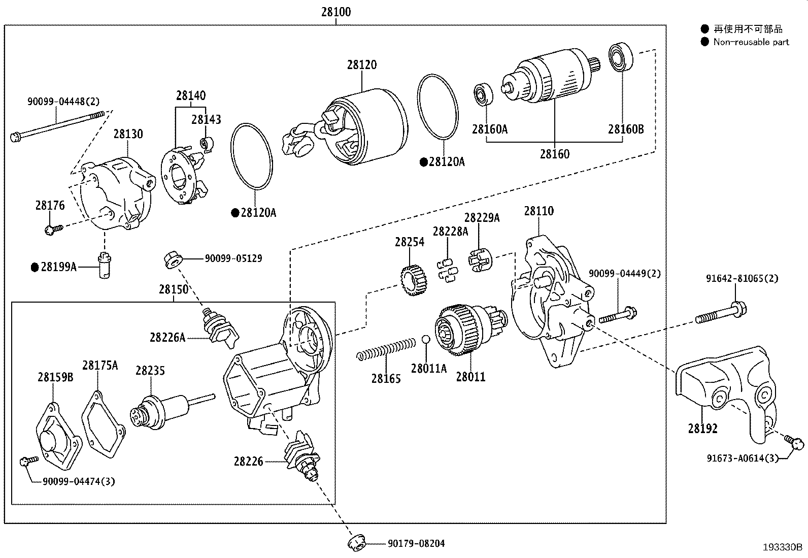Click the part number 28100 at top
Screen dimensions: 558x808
pyautogui.click(x=335, y=12)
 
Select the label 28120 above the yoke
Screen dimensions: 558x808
pyautogui.click(x=362, y=65)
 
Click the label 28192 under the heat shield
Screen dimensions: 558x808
pyautogui.click(x=702, y=429)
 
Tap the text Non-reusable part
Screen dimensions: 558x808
pyautogui.click(x=751, y=42)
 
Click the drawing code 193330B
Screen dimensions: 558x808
pyautogui.click(x=782, y=547)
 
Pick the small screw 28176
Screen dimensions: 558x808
pyautogui.click(x=53, y=229)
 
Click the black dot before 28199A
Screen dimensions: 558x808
pyautogui.click(x=35, y=267)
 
